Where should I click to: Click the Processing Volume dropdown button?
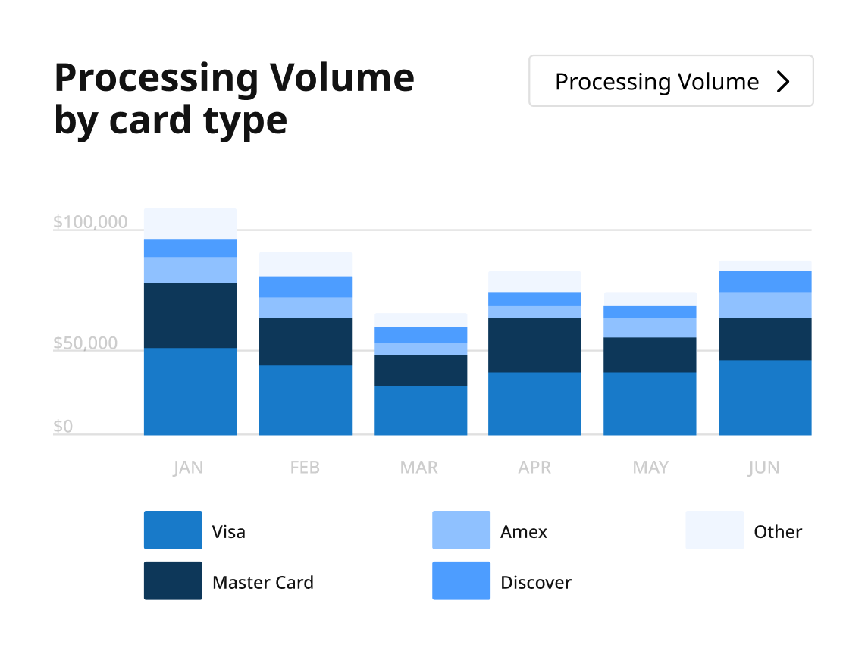pos(670,81)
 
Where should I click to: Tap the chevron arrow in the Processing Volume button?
pos(784,82)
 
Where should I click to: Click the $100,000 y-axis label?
pos(90,223)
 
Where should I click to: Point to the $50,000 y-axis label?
pos(86,343)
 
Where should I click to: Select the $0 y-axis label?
pos(63,427)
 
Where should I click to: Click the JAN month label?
pos(188,468)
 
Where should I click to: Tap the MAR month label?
pos(419,468)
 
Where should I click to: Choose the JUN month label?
pos(763,468)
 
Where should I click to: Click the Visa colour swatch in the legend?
pos(173,530)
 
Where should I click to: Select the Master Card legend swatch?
pos(173,580)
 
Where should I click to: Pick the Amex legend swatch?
pos(461,530)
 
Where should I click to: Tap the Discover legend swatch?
pos(461,580)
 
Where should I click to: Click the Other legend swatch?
pos(714,530)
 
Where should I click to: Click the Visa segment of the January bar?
pos(190,391)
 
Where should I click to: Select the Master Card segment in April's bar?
pos(534,345)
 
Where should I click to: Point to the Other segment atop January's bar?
pos(190,224)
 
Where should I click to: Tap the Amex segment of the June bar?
pos(765,305)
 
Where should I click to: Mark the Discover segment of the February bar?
pos(306,286)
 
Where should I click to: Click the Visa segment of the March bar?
pos(421,410)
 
